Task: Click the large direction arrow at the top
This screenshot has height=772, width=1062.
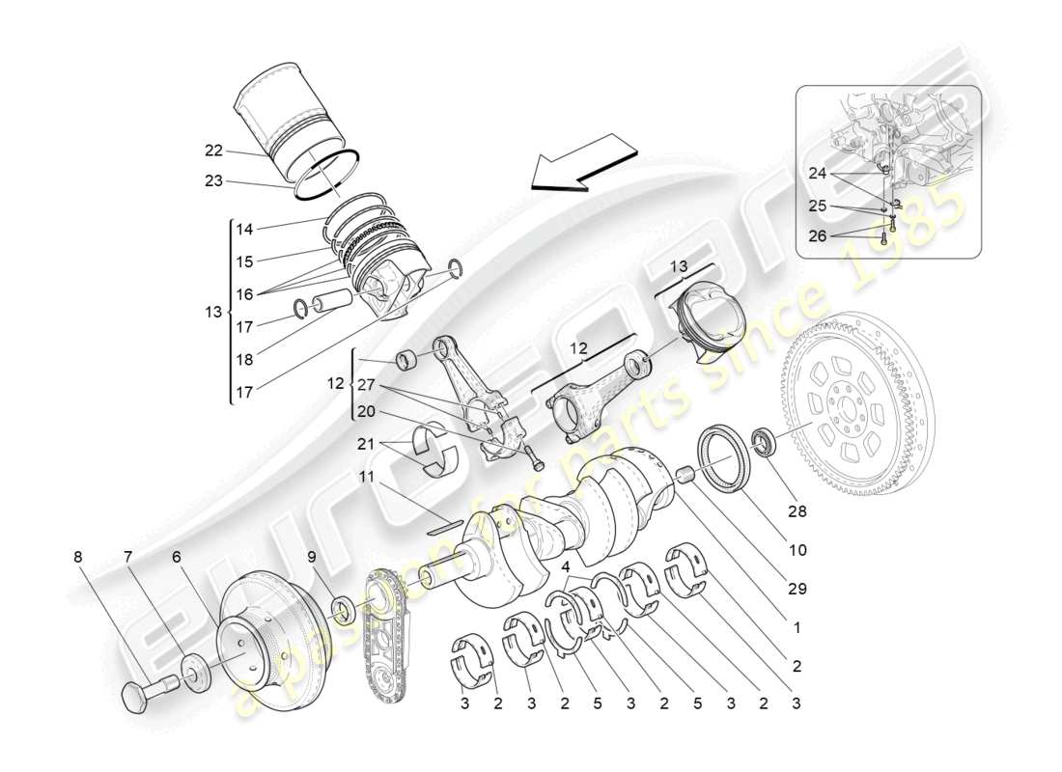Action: coord(582,165)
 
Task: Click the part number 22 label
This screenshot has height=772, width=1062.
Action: coord(213,150)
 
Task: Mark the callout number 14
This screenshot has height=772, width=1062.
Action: coord(244,230)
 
